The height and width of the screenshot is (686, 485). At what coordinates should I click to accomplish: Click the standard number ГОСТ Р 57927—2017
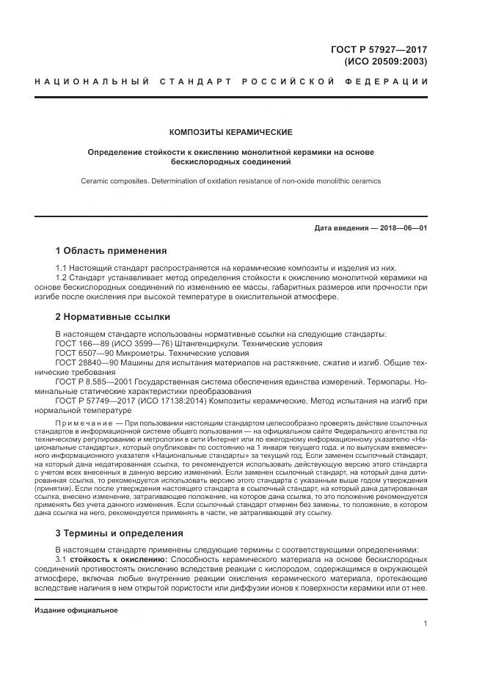click(381, 49)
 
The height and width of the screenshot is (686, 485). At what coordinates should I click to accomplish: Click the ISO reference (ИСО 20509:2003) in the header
click(385, 62)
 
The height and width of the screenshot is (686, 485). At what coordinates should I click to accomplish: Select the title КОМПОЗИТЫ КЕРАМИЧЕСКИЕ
click(230, 132)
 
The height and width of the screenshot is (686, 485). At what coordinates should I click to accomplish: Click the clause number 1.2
click(62, 278)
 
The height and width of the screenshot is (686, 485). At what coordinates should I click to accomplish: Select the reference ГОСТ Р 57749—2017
click(95, 401)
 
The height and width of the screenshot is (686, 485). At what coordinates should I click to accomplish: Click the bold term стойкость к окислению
click(119, 560)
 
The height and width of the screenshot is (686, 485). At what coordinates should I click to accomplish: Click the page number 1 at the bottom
click(425, 624)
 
